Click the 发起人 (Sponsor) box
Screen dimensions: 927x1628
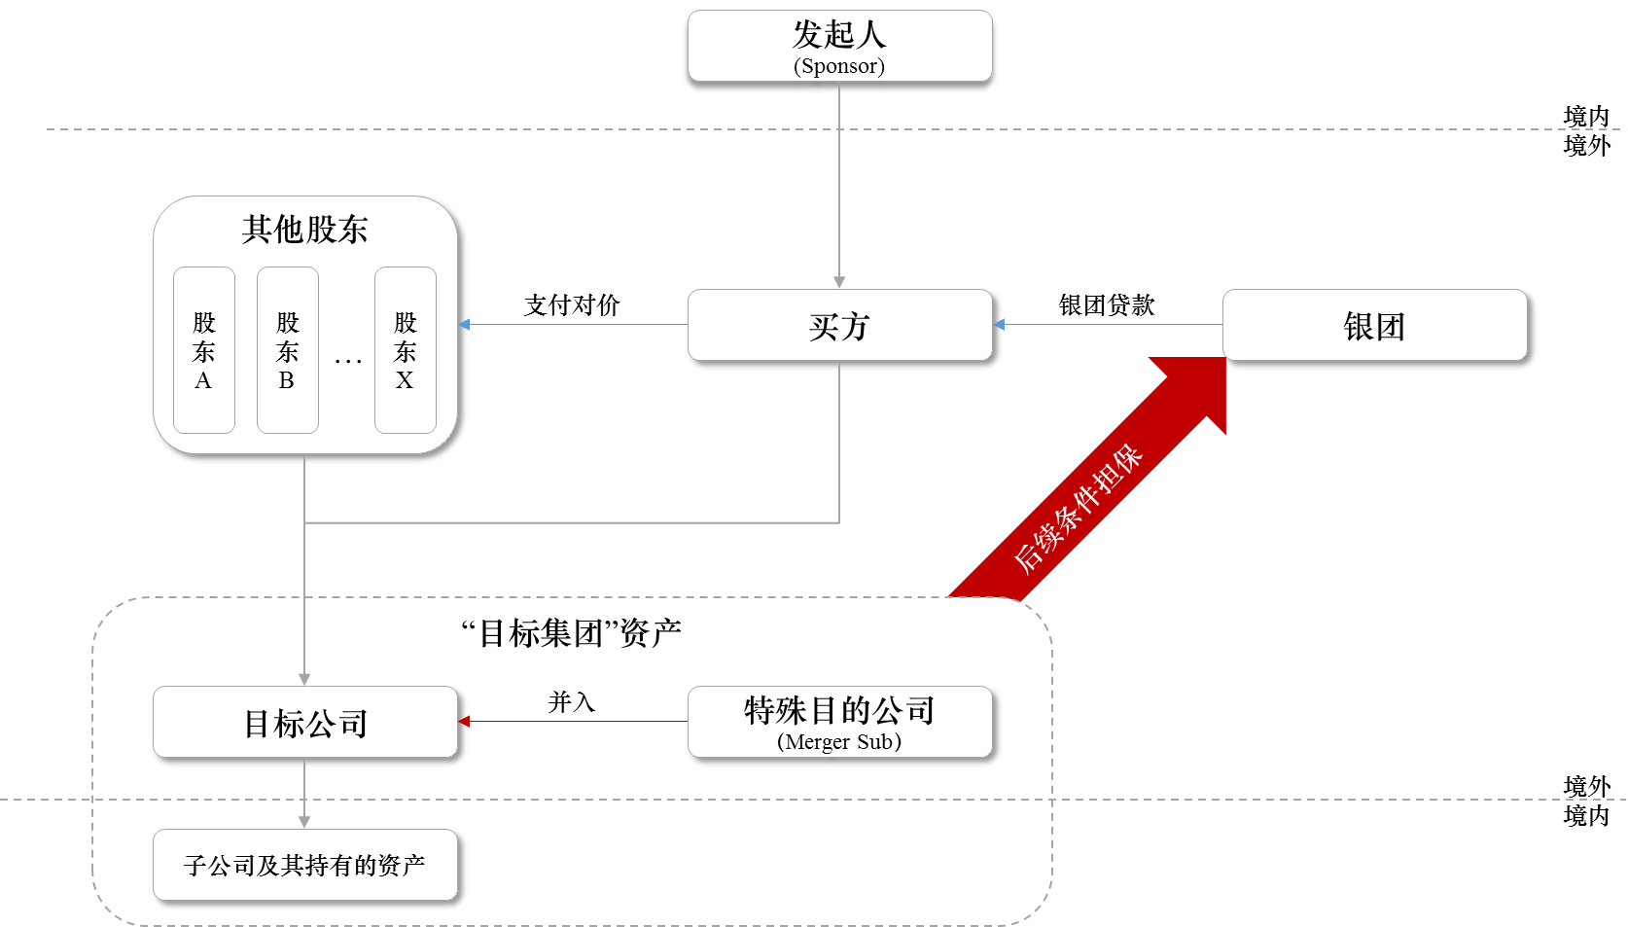(839, 45)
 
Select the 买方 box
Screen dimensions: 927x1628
(839, 325)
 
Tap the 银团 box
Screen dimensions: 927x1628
(1374, 325)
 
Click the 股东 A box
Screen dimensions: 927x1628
(203, 350)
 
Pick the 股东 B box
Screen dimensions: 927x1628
(287, 350)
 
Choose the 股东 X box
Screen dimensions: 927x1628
(405, 350)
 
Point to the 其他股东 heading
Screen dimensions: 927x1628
(304, 230)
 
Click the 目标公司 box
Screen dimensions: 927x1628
(304, 723)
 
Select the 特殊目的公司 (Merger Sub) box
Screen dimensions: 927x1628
(839, 723)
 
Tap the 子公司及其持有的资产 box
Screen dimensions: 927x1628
(304, 865)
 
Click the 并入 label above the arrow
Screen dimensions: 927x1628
(571, 701)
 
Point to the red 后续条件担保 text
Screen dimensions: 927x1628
(1077, 508)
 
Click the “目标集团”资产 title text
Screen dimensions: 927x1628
(571, 633)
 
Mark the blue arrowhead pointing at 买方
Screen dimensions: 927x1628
(999, 325)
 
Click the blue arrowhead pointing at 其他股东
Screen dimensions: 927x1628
(464, 325)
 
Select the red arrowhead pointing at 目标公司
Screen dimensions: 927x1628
(464, 722)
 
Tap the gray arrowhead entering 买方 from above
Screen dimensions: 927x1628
(839, 282)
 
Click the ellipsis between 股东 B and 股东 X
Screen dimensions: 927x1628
(347, 362)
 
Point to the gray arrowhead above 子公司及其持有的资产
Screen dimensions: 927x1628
(304, 822)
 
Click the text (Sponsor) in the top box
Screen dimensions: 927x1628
(839, 66)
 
